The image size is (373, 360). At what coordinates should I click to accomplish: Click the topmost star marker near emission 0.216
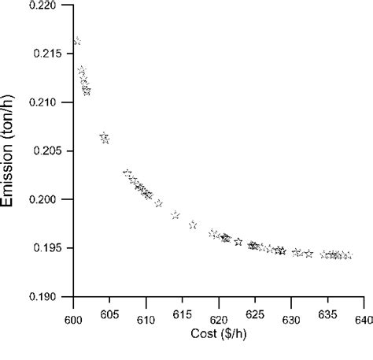point(76,41)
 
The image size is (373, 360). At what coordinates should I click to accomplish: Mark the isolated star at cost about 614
point(175,215)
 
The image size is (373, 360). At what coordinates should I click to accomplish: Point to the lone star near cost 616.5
point(193,225)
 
